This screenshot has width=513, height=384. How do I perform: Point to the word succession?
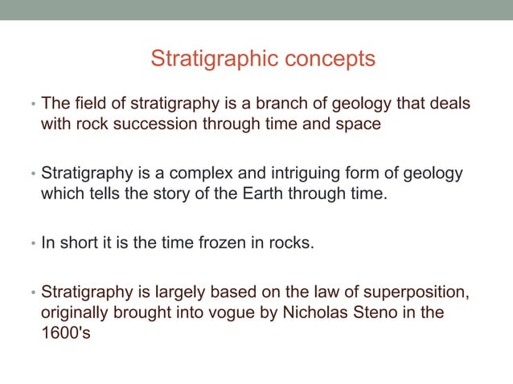tap(143, 125)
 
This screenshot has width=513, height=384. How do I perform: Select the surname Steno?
tap(381, 311)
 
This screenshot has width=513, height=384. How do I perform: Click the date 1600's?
tap(65, 331)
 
